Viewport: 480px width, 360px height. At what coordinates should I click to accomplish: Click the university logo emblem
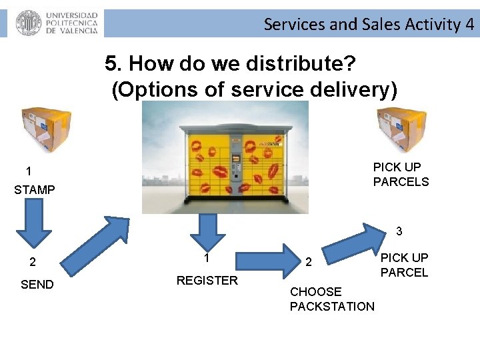[28, 23]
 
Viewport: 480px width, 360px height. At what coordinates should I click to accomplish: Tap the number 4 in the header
[470, 25]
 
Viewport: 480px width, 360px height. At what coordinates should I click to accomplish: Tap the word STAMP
[35, 190]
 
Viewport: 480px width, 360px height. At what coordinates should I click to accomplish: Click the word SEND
[37, 285]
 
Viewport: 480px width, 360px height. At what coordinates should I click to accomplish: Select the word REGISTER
[207, 281]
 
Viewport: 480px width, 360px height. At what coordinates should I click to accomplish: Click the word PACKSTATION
[332, 307]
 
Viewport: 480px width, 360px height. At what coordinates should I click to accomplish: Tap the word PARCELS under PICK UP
[401, 182]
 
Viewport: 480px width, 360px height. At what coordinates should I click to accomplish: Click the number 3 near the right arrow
[399, 231]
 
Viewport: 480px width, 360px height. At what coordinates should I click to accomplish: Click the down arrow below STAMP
[34, 227]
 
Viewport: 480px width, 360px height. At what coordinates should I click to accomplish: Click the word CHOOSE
[315, 292]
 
